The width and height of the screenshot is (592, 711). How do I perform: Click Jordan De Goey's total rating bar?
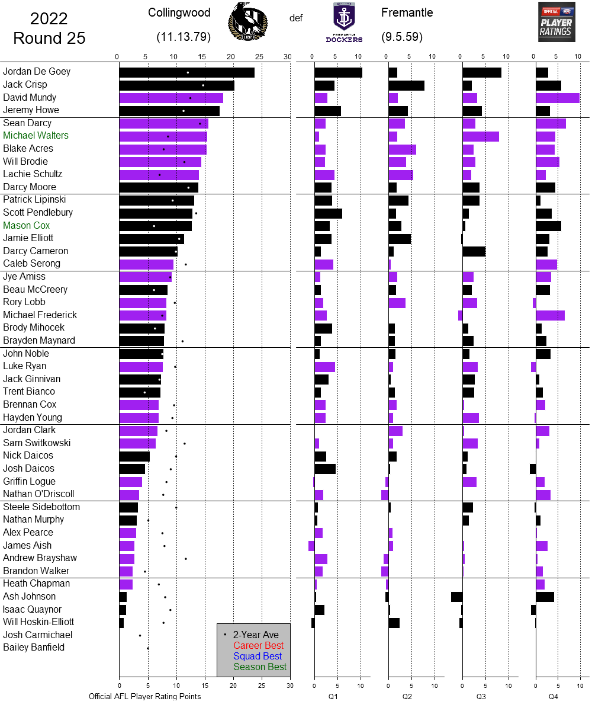point(186,72)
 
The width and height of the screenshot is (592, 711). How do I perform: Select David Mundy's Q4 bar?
point(557,98)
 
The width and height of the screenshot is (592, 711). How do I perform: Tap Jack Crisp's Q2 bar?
point(406,85)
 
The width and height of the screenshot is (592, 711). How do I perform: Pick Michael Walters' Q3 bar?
point(480,136)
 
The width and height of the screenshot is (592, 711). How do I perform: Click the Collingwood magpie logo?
point(247,22)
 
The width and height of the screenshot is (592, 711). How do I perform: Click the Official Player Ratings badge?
point(556,22)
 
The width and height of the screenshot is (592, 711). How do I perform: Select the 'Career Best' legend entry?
point(258,645)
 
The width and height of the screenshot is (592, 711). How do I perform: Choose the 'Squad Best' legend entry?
point(258,656)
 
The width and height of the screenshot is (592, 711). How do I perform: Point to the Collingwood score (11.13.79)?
point(184,37)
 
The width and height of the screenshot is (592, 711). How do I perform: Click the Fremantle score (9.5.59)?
point(402,37)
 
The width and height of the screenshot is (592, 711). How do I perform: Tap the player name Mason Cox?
point(27,226)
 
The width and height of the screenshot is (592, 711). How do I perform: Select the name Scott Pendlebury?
point(38,213)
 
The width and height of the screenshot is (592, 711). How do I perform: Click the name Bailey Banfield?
point(34,648)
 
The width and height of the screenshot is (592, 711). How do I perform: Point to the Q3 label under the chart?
point(481,697)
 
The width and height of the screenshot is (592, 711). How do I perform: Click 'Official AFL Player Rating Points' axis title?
point(145,696)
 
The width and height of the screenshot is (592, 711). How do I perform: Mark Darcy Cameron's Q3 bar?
point(474,251)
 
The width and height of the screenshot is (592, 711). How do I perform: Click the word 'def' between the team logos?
point(296,18)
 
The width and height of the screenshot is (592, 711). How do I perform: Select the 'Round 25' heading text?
point(49,39)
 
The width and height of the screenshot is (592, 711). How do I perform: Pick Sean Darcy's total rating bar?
point(163,123)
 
